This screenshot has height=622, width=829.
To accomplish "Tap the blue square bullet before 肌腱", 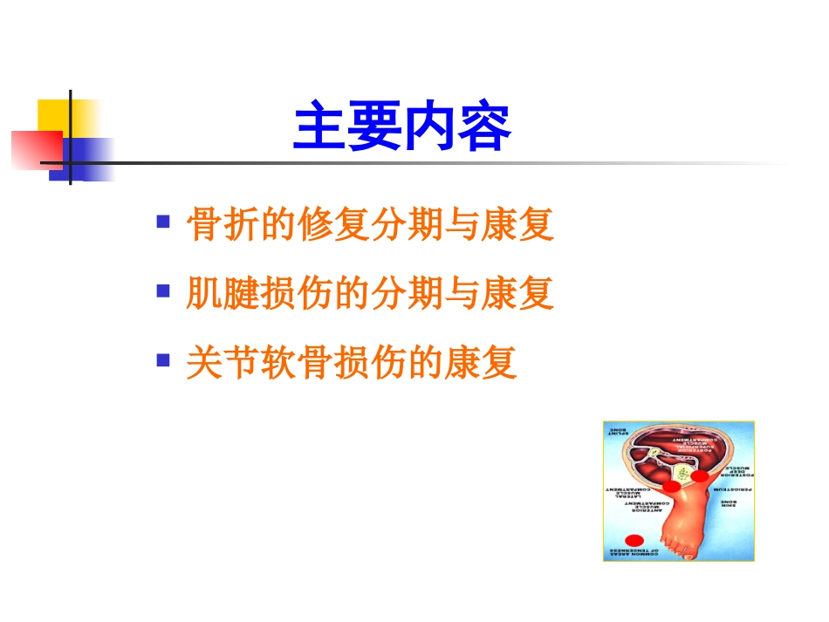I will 162,290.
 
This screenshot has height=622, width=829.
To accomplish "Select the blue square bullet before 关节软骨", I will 162,359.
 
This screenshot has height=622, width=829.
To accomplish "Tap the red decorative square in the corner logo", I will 35,149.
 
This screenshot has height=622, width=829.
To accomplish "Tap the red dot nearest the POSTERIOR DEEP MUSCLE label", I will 700,476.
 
